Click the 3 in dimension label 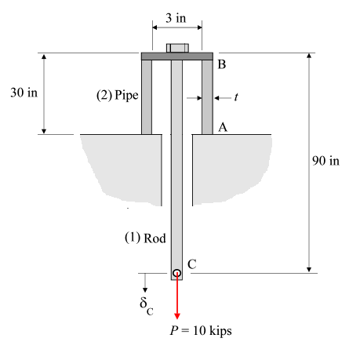tap(176, 16)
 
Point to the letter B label tap(222, 65)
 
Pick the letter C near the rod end tap(191, 265)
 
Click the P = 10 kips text tap(201, 330)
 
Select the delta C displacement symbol tap(145, 304)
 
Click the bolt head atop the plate tap(177, 48)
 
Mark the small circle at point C tap(177, 273)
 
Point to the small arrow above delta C tap(145, 282)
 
